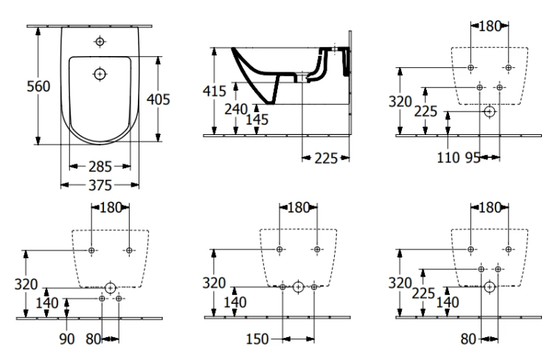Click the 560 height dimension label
[x=38, y=86]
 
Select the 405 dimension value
[x=159, y=99]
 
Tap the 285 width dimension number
[x=100, y=167]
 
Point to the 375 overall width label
[x=100, y=185]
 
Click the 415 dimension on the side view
[x=215, y=91]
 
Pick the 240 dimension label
[x=236, y=109]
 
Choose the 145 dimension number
[x=257, y=120]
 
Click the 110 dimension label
[x=448, y=157]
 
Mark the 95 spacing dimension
[x=473, y=157]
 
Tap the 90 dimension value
[x=66, y=339]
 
